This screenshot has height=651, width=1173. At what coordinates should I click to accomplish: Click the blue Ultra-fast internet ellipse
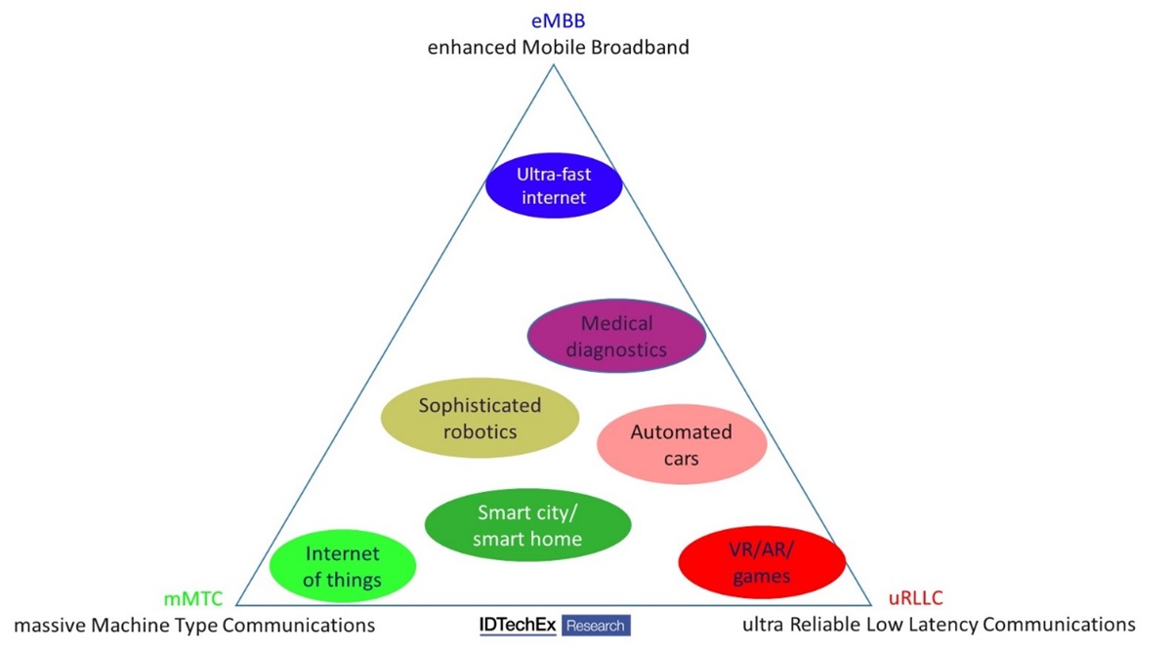(x=554, y=185)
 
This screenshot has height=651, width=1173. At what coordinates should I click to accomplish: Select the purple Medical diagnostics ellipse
(x=616, y=337)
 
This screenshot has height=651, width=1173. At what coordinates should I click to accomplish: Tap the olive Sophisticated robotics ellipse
(x=480, y=418)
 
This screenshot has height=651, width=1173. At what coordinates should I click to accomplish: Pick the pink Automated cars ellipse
(x=681, y=444)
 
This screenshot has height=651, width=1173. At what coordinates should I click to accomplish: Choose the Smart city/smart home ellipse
(x=527, y=525)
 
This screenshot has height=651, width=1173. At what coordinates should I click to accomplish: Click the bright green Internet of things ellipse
(x=343, y=567)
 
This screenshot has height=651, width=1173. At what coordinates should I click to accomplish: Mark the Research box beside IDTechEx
(x=596, y=626)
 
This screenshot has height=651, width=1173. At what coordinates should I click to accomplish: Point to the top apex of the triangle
(x=556, y=66)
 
